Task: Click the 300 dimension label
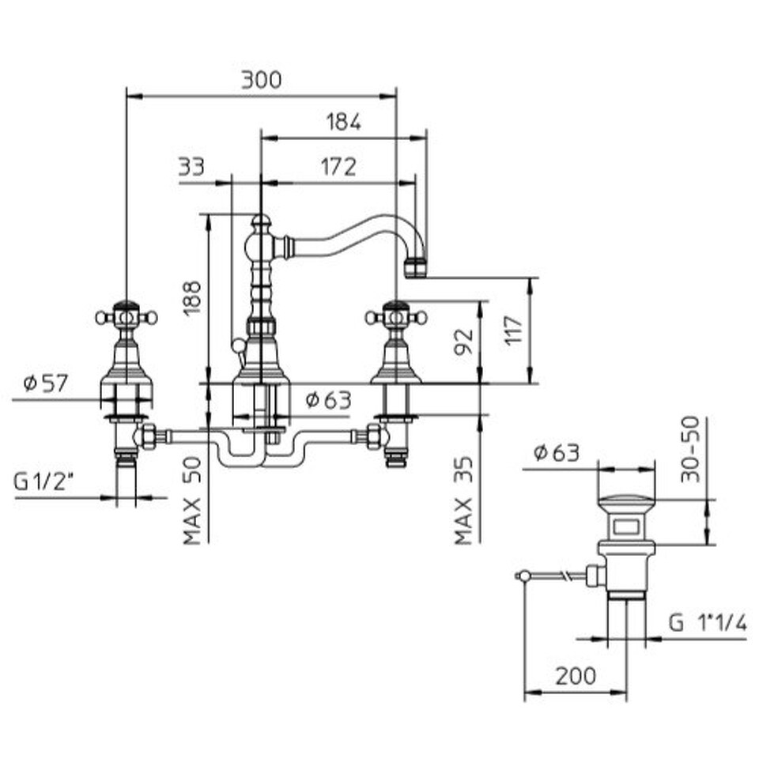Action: tap(262, 81)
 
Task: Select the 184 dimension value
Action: tap(344, 122)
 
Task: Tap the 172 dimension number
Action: tap(338, 167)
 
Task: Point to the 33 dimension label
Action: tap(191, 167)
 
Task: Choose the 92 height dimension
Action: tap(464, 342)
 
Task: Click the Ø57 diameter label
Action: tap(46, 383)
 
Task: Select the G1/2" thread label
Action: tap(43, 481)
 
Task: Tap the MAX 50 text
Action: tap(192, 500)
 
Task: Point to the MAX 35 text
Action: tap(463, 500)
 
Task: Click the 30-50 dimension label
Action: tap(690, 450)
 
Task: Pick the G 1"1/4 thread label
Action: tap(708, 623)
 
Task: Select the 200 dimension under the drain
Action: tap(576, 676)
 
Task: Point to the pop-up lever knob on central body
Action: tap(238, 346)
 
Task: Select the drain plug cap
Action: tap(626, 504)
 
